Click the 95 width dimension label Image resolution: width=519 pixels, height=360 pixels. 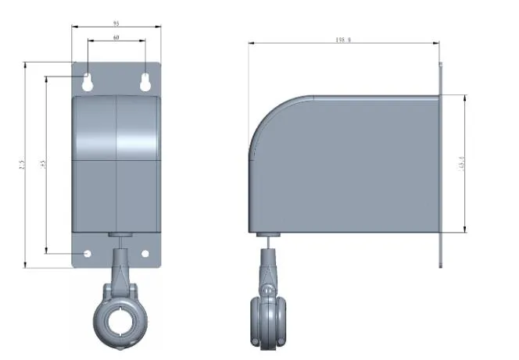[x=116, y=23]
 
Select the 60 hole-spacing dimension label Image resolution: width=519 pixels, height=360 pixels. [x=116, y=37]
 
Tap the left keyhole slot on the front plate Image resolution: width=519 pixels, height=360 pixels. [x=88, y=81]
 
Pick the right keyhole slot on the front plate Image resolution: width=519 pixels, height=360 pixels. [x=145, y=81]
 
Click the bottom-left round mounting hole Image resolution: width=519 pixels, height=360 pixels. [x=87, y=254]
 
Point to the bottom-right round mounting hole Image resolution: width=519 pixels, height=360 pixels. [x=145, y=254]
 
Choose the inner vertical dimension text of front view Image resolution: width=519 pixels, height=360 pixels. [x=45, y=165]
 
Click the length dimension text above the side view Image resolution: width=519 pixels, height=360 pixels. [x=343, y=40]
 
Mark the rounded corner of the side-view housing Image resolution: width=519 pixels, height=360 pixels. [x=270, y=117]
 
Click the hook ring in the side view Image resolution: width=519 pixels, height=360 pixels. [x=267, y=320]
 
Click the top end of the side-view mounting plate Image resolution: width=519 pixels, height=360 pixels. [x=441, y=67]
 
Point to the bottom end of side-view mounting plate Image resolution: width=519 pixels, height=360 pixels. [x=441, y=263]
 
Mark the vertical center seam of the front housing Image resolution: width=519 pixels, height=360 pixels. [x=116, y=164]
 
